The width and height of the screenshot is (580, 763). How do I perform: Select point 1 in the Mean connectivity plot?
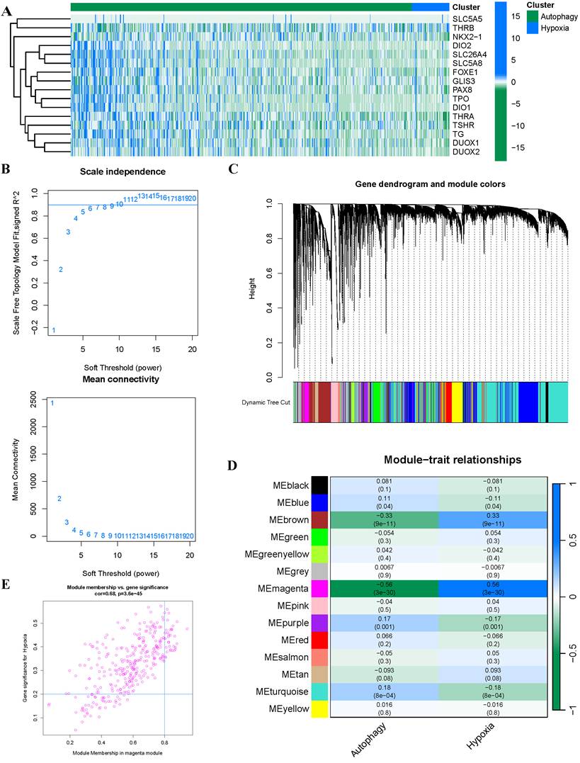52,403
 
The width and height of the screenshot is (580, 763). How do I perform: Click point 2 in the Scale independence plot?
61,269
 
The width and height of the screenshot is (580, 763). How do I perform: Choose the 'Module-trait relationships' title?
453,460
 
